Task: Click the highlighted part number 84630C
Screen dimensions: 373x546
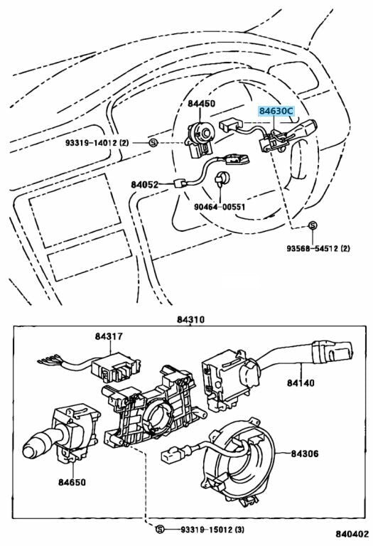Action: (276, 112)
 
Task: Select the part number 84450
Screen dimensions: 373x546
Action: (202, 103)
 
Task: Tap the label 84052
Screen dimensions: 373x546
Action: (145, 184)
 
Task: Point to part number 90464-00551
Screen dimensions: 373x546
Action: (220, 207)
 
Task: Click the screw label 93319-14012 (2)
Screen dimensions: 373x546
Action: (97, 143)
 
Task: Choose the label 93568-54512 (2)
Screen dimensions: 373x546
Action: (318, 248)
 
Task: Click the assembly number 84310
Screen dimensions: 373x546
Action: (190, 319)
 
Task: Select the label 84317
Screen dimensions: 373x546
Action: (109, 336)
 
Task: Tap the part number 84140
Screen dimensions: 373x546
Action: (301, 382)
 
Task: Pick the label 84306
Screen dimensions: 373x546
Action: (305, 454)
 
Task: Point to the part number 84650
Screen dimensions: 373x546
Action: (72, 482)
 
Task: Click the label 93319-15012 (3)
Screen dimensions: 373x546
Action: (212, 530)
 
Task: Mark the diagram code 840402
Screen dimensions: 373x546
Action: (352, 534)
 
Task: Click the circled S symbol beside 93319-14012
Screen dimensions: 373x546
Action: (153, 143)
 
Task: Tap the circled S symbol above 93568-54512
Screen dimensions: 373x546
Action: (313, 225)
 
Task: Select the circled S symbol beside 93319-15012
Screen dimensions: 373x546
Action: (159, 530)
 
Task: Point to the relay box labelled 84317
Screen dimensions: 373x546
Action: (115, 368)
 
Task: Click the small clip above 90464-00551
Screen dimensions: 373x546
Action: (222, 178)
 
